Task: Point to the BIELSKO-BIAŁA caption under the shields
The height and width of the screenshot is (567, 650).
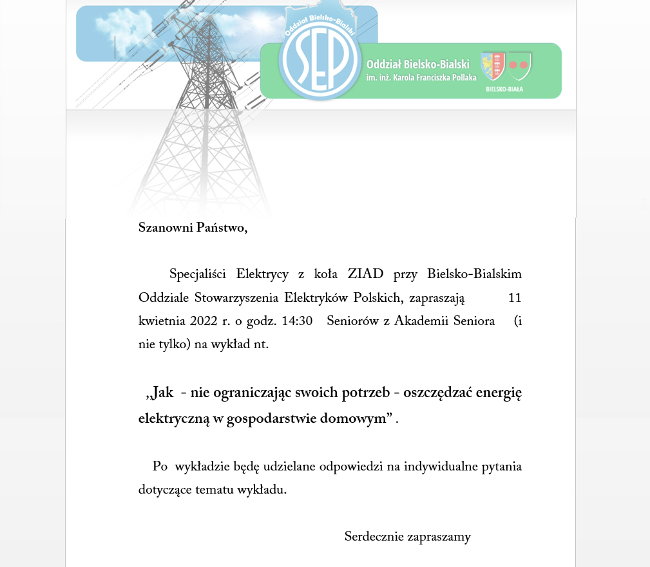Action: [x=504, y=89]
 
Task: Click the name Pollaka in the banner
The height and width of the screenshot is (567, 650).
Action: [x=459, y=77]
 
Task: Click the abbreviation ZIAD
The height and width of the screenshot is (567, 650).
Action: [x=365, y=274]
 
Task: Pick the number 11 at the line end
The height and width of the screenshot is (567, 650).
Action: [x=515, y=297]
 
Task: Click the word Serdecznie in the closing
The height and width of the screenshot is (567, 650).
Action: [x=374, y=536]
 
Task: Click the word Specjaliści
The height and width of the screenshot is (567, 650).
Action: [x=197, y=274]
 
